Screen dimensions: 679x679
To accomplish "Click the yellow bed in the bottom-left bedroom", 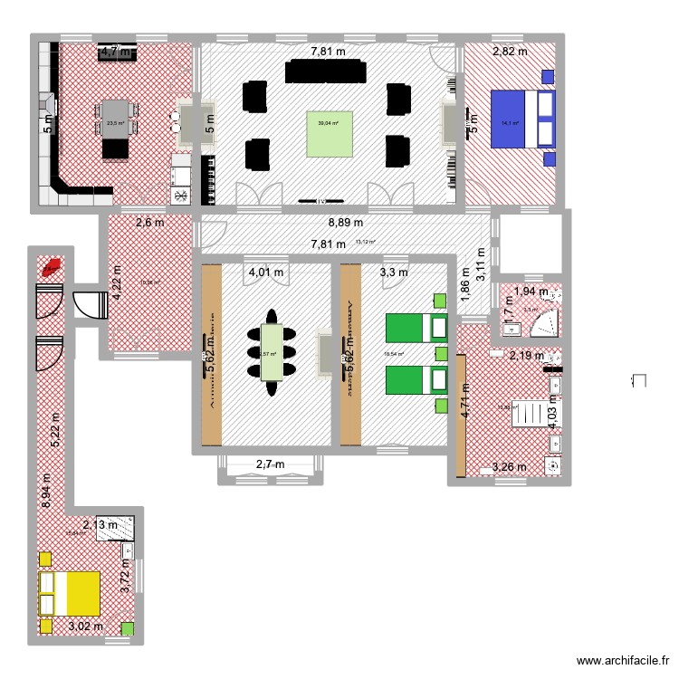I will (x=69, y=592).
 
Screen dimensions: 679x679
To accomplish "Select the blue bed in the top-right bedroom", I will (x=521, y=118).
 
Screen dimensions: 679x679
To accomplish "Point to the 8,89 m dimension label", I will (x=345, y=222).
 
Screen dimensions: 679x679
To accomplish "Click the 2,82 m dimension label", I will (x=508, y=52).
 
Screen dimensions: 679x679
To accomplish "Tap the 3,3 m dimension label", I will (x=393, y=272).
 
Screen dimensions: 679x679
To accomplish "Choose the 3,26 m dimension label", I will (x=508, y=468).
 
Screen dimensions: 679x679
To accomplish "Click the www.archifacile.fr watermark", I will (x=624, y=662).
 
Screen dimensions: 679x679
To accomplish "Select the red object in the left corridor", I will (x=51, y=267).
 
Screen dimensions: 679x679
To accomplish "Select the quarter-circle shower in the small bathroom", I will (x=546, y=322).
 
